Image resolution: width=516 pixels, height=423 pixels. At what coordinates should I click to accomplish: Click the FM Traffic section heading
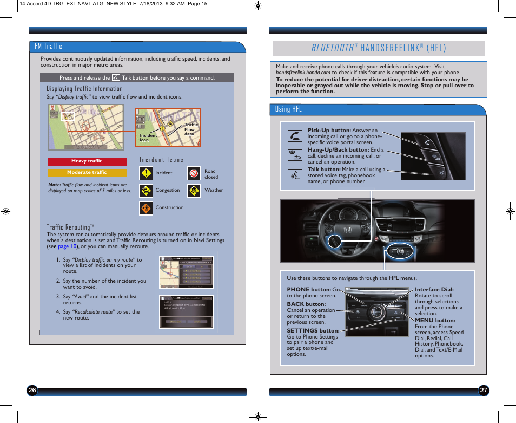point(49,47)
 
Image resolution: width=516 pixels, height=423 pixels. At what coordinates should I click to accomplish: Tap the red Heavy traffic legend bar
point(87,161)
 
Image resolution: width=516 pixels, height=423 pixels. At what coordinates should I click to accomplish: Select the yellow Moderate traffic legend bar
point(87,173)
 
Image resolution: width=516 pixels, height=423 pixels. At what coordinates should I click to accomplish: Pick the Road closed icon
point(194,173)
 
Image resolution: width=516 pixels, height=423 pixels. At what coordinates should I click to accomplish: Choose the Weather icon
point(194,191)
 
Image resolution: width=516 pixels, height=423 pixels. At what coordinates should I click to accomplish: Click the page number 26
point(32,391)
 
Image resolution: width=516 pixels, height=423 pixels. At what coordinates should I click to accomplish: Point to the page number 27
point(484,391)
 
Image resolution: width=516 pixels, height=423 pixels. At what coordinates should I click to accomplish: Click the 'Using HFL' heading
point(288,109)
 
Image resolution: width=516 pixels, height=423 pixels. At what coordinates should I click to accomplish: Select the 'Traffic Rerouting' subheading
point(70,227)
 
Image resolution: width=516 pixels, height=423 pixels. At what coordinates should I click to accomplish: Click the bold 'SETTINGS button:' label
point(313,331)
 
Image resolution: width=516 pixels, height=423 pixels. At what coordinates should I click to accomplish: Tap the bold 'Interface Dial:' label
point(434,290)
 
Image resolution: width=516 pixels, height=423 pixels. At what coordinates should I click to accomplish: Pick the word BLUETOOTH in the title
point(332,48)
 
